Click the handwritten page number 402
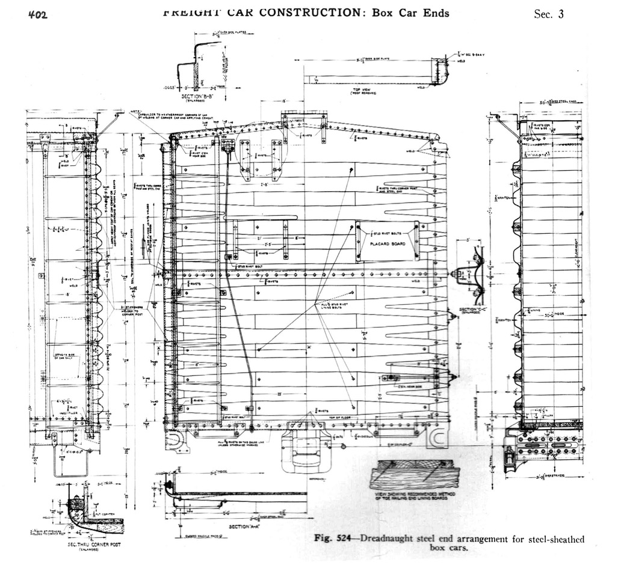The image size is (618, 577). (x=37, y=15)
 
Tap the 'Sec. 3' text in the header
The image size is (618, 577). (x=548, y=14)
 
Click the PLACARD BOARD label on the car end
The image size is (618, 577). (x=387, y=244)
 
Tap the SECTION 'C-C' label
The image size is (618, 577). (x=472, y=310)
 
